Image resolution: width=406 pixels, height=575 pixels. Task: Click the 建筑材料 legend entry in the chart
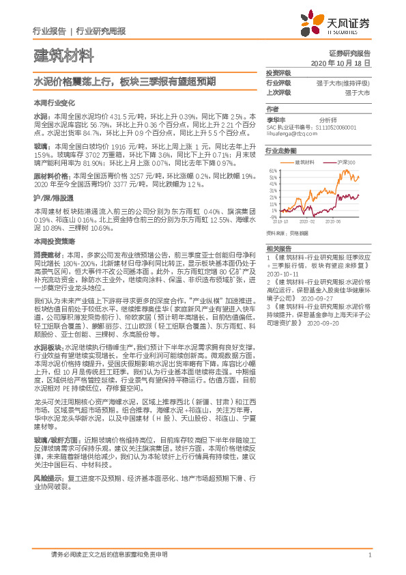click(x=304, y=162)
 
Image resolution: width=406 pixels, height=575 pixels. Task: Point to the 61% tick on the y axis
click(x=272, y=170)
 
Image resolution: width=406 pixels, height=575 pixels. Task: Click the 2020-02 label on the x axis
click(x=308, y=222)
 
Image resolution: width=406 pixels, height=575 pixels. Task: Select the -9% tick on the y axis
click(x=274, y=218)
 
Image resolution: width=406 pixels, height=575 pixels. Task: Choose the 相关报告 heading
click(x=278, y=249)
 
